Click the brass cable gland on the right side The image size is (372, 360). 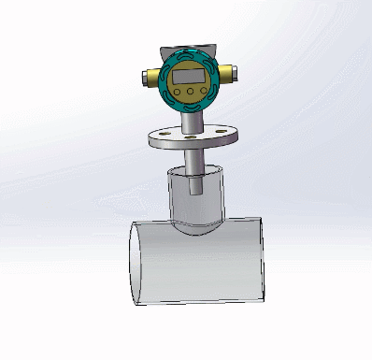228,74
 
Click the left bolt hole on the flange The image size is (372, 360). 161,137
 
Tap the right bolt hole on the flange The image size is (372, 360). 225,134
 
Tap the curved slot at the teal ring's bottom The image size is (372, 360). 190,107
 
